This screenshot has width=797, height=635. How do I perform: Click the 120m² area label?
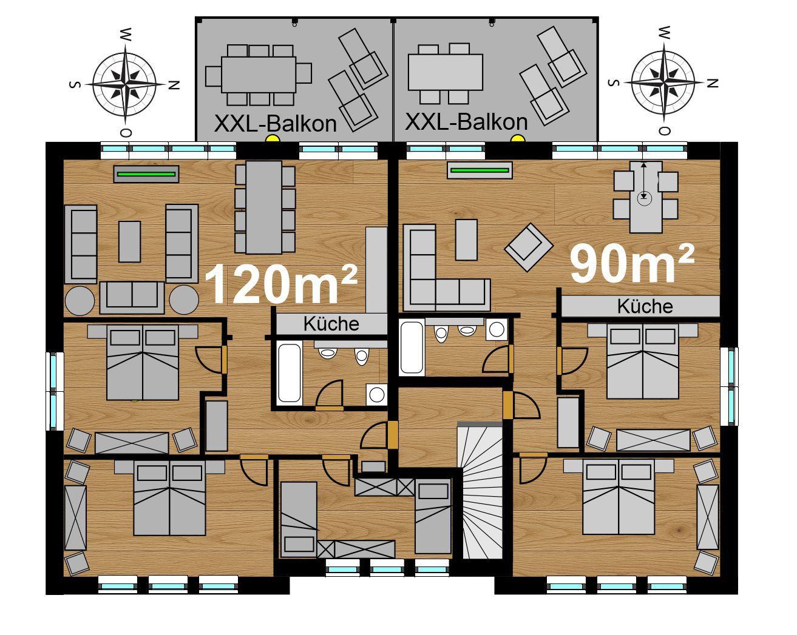pyautogui.click(x=280, y=284)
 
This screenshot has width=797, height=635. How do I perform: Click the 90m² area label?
pyautogui.click(x=632, y=264)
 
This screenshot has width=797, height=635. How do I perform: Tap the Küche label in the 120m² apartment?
pyautogui.click(x=331, y=324)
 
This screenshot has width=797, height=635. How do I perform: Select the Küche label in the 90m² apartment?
pyautogui.click(x=645, y=306)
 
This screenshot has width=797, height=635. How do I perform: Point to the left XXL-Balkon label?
pyautogui.click(x=275, y=123)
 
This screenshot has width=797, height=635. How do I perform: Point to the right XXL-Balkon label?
pyautogui.click(x=466, y=121)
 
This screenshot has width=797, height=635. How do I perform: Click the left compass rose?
pyautogui.click(x=125, y=84)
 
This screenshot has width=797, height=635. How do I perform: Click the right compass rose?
pyautogui.click(x=663, y=82)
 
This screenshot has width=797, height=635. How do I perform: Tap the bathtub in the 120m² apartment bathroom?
pyautogui.click(x=290, y=373)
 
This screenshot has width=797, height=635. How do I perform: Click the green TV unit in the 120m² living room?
pyautogui.click(x=146, y=173)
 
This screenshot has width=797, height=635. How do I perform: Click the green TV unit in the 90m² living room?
pyautogui.click(x=480, y=170)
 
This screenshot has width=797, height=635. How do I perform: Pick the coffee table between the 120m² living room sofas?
pyautogui.click(x=129, y=241)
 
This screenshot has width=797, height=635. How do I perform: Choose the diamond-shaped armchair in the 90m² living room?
pyautogui.click(x=529, y=247)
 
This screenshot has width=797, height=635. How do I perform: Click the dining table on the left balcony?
pyautogui.click(x=259, y=75)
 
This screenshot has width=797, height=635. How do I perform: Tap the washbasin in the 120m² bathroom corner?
pyautogui.click(x=377, y=394)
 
